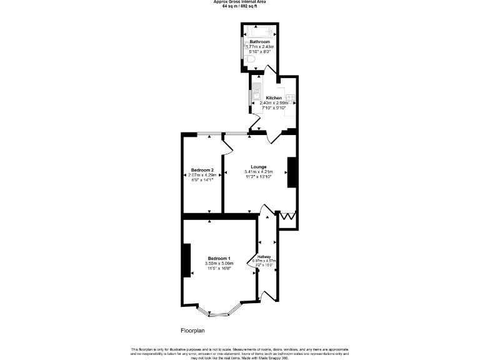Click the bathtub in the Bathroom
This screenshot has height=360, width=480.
tap(259, 31)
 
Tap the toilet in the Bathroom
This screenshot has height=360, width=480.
tap(249, 59)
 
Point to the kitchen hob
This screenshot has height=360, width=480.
tap(291, 98)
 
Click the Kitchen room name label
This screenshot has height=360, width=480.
tap(274, 98)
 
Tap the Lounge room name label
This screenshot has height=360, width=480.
tap(259, 167)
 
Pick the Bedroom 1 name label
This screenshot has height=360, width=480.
tap(219, 259)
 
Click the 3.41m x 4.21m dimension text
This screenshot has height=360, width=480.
tap(259, 172)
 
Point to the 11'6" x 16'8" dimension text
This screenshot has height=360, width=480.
tap(218, 269)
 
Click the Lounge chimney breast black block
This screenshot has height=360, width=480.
tap(291, 172)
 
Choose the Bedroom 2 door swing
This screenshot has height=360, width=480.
tap(227, 145)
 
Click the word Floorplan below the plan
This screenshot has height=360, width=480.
tap(192, 330)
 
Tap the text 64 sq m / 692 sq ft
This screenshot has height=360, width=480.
tap(240, 6)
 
